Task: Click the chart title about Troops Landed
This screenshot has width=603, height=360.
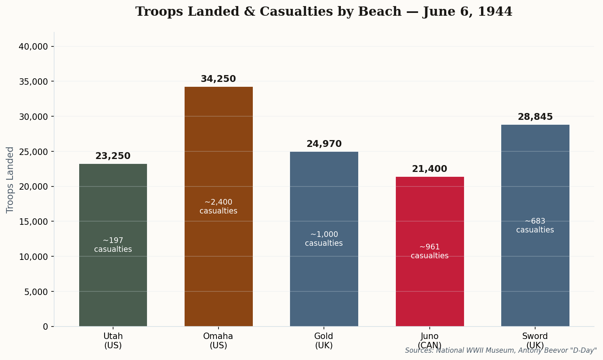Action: tap(324, 12)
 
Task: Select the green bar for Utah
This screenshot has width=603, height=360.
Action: tap(113, 283)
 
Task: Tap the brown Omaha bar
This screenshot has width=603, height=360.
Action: tap(219, 262)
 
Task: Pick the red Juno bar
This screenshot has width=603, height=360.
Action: tap(430, 291)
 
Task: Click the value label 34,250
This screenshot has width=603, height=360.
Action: tap(218, 79)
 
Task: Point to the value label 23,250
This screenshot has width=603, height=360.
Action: tap(113, 156)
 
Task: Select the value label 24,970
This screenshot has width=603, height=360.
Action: tap(324, 144)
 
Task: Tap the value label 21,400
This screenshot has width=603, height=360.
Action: tap(430, 169)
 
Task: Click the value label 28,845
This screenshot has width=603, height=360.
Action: tap(535, 117)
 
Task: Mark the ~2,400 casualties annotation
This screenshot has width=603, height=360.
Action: tap(219, 207)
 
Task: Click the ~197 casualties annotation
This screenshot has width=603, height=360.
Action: tap(113, 245)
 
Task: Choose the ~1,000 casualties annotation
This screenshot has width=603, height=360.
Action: tap(324, 239)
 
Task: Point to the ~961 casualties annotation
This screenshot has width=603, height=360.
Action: tap(430, 251)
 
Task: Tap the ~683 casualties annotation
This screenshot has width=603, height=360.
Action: tap(535, 226)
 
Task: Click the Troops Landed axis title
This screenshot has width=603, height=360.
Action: tap(10, 180)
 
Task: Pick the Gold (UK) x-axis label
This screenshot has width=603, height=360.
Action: tap(324, 341)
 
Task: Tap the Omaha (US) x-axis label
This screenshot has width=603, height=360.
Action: tap(218, 341)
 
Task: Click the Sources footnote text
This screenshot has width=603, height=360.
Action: tap(501, 350)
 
